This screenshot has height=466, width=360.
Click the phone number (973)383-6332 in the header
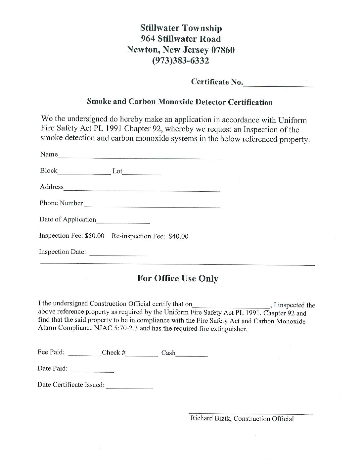coord(181,61)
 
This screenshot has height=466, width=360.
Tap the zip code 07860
coord(223,50)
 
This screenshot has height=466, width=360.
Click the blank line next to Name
coord(140,158)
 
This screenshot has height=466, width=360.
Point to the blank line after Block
coord(84,173)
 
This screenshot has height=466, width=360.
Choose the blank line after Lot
coord(142,173)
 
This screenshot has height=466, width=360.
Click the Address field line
coord(142,190)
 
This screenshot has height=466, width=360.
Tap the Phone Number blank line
coord(152,206)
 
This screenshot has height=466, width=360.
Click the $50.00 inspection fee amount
coord(95,236)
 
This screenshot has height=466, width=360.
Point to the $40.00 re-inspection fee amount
coord(178,236)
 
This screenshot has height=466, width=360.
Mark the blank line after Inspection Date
coord(118,255)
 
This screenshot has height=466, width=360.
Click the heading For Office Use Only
coord(178,278)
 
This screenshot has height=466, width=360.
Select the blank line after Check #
coord(142,355)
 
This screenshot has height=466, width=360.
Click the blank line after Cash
coord(192,355)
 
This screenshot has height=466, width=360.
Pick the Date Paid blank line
coord(91,371)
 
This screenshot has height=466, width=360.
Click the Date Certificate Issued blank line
coord(130,387)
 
